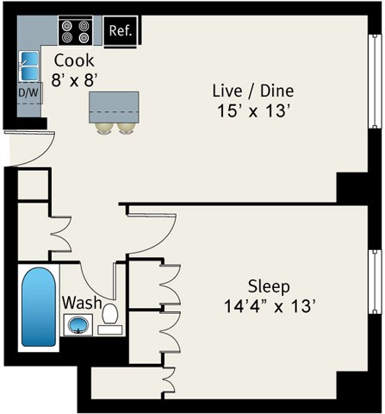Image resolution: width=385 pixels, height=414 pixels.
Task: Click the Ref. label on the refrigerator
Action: (120, 33)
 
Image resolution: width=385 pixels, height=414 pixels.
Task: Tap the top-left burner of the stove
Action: (68, 27)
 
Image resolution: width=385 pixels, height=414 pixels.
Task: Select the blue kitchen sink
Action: (29, 65)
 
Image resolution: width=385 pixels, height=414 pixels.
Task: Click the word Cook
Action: (74, 61)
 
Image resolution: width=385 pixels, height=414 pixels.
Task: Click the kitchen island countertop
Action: (115, 107)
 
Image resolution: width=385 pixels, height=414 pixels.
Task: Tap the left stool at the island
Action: (104, 127)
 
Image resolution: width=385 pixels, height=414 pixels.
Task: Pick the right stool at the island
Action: (127, 127)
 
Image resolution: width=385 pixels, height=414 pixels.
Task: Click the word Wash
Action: (82, 304)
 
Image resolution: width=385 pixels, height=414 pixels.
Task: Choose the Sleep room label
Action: (269, 285)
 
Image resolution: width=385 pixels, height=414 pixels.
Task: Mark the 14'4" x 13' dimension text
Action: (269, 305)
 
